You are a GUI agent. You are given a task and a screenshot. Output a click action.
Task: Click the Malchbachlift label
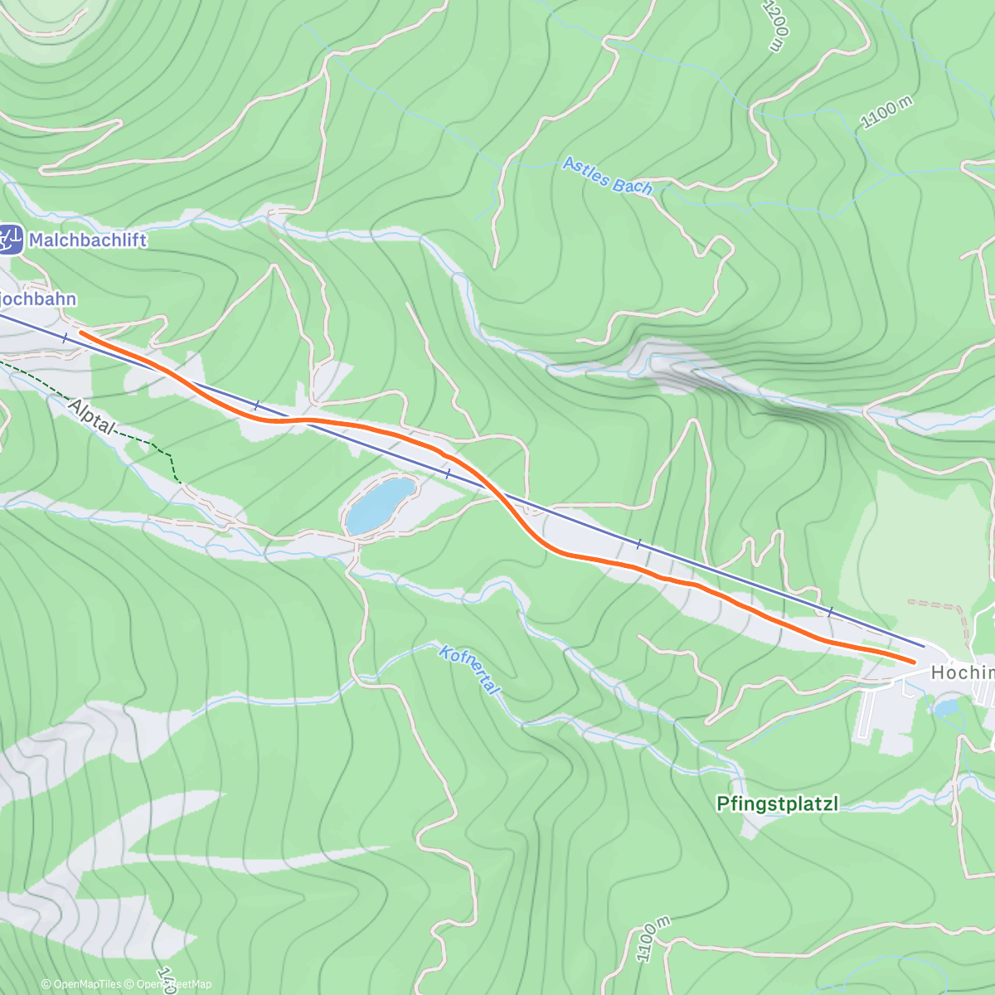point(87,240)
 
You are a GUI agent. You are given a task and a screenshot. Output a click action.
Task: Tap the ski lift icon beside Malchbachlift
point(11,240)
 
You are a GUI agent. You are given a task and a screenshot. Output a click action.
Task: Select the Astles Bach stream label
point(607,176)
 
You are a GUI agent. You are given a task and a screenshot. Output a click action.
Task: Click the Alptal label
point(92,416)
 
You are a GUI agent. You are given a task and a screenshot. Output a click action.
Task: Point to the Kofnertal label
point(469,670)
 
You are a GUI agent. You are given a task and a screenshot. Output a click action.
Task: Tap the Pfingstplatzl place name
point(778,803)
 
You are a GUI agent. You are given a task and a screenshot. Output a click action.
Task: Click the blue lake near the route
point(380,504)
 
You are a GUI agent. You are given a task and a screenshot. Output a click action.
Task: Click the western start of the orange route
point(81,332)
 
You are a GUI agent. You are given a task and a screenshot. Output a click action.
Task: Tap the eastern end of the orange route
point(915,662)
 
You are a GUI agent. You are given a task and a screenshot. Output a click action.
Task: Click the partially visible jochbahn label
point(38,299)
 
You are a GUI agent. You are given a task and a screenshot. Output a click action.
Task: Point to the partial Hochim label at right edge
point(962,672)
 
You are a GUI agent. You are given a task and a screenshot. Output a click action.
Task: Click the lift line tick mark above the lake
point(449,473)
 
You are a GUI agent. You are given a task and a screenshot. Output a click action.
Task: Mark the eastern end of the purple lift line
point(924,646)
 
